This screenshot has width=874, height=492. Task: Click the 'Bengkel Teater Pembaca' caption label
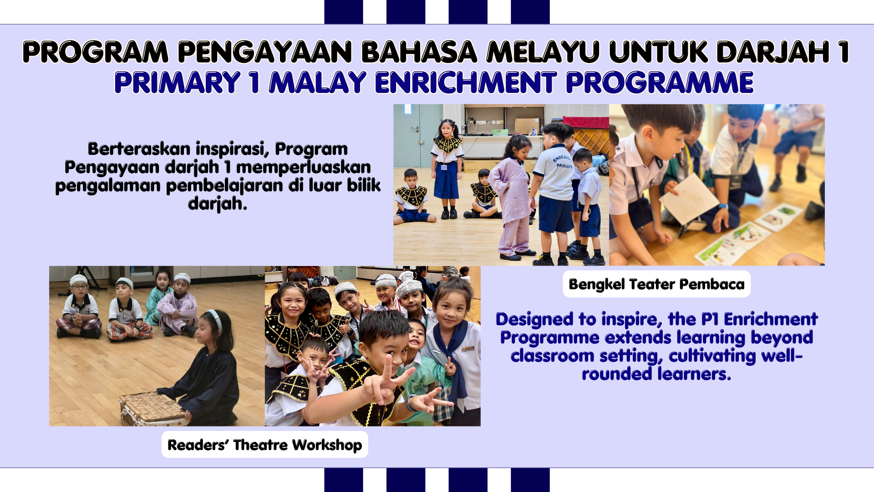tap(656, 284)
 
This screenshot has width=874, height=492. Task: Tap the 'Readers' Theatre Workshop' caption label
tap(264, 445)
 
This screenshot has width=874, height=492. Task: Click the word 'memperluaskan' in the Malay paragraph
tap(303, 168)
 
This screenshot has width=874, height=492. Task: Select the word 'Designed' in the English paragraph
tap(535, 320)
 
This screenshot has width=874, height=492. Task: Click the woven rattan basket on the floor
tap(152, 408)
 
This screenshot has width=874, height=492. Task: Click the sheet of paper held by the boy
tap(688, 200)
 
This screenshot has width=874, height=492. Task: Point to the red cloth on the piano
tap(586, 122)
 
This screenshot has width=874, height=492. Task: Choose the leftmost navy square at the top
tap(344, 12)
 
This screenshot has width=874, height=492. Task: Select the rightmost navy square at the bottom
tap(530, 480)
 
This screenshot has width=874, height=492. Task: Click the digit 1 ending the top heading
tap(844, 51)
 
